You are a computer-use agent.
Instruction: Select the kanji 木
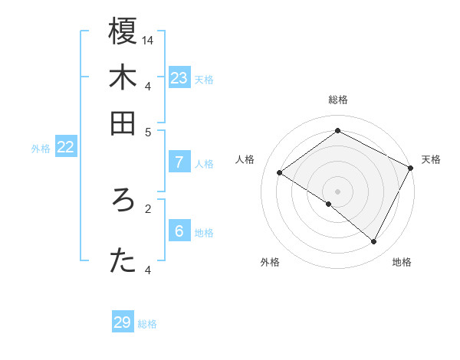pos(123,78)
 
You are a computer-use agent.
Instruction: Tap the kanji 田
pos(123,123)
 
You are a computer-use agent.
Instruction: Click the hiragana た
pos(123,261)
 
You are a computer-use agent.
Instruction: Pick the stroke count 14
pos(148,39)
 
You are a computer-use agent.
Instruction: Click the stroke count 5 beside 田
pos(148,131)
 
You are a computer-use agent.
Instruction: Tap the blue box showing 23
pos(179,78)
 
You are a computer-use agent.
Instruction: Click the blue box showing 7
pos(179,162)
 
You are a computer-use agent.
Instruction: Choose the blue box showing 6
pos(179,231)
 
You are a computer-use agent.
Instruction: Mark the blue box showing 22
pos(65,148)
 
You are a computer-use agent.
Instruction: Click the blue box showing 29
pos(123,322)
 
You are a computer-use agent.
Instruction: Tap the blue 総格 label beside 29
pos(147,324)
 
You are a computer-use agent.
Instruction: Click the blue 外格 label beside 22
pos(40,149)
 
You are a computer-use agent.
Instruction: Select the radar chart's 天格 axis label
pos(431,159)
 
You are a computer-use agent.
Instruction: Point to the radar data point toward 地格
pos(374,241)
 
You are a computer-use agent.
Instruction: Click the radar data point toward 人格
pos(280,172)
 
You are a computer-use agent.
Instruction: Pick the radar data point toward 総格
pos(337,131)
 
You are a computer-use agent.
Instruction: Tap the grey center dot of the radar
pos(337,191)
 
